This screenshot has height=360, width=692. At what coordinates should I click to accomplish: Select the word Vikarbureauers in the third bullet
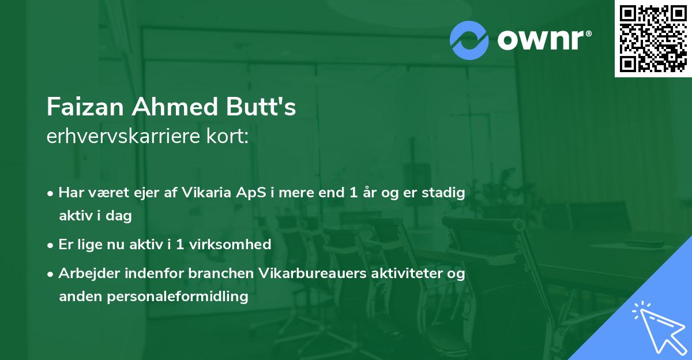click(x=307, y=273)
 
